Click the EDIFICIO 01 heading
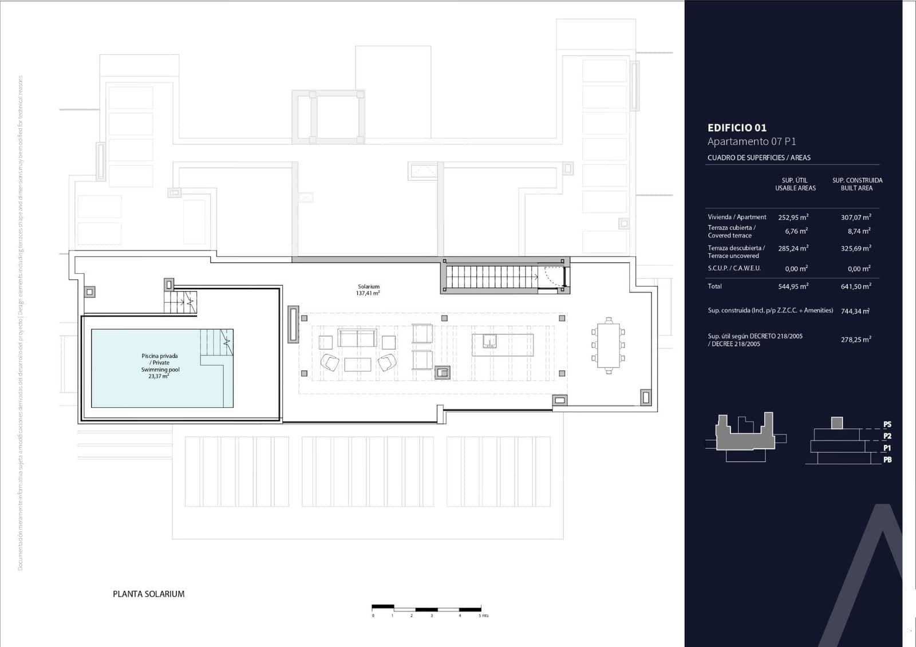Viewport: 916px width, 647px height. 736,128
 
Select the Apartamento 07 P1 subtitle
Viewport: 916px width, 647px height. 751,141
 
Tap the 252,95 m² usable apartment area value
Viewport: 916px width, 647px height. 793,218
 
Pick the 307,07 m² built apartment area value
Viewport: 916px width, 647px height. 856,218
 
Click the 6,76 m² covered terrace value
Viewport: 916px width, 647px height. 796,231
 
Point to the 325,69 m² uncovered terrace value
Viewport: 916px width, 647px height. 856,248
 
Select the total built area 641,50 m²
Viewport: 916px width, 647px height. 856,286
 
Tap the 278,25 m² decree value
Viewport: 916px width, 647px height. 856,340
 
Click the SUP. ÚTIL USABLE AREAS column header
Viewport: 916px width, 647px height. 795,184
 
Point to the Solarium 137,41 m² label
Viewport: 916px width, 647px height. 369,290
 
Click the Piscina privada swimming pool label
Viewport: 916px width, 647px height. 160,366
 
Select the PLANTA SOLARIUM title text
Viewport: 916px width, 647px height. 149,594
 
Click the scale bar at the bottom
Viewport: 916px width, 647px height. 426,608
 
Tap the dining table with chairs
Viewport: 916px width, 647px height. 608,346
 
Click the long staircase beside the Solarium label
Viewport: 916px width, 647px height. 491,277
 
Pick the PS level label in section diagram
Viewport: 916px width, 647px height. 887,425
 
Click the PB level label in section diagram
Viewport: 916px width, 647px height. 887,460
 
